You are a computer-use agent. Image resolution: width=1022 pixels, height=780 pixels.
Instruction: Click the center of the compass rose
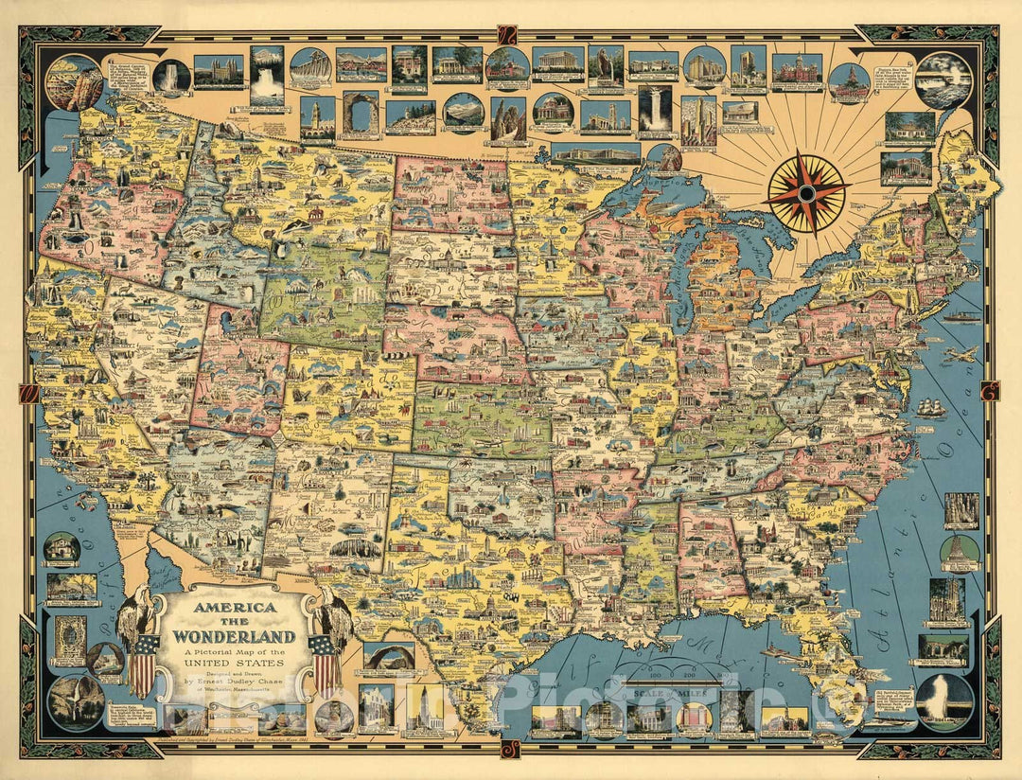806,192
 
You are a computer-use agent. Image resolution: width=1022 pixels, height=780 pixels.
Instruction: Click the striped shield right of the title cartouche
326,665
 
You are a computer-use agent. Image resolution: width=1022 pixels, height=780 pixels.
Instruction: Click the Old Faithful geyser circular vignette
944,701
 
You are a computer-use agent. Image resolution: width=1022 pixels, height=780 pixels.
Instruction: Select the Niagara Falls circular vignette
943,80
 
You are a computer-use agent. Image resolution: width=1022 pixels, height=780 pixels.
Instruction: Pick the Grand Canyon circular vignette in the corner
75,82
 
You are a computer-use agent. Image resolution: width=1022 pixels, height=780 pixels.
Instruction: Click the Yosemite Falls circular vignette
76,701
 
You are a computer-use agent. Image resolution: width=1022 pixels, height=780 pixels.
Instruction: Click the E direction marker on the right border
990,390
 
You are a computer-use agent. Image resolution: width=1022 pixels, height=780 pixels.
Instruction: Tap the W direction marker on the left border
28,390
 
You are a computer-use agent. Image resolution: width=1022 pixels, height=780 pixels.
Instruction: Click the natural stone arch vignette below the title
388,656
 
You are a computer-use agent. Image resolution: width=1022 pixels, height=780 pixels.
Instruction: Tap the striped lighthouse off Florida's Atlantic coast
960,552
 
